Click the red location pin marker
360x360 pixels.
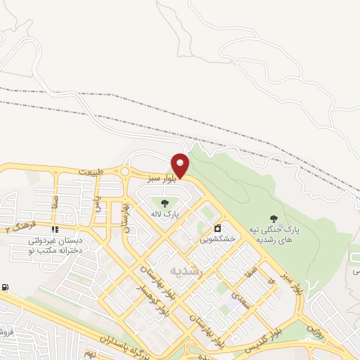pyautogui.click(x=180, y=165)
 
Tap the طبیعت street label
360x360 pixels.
pyautogui.click(x=90, y=172)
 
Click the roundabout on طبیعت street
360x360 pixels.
pyautogui.click(x=124, y=172)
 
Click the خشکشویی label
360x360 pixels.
pyautogui.click(x=219, y=238)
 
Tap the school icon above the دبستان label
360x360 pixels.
pyautogui.click(x=54, y=229)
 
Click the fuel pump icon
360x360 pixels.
pyautogui.click(x=6, y=287)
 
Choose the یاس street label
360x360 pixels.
pyautogui.click(x=99, y=205)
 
